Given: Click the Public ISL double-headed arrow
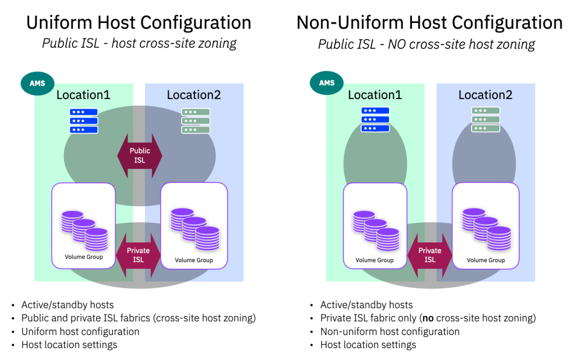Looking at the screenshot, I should coord(139,156).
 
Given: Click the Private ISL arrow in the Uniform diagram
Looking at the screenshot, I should coord(138,255).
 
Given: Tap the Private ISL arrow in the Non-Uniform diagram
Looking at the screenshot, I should coord(430,255).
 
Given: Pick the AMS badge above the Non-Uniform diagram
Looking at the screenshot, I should coord(327,83).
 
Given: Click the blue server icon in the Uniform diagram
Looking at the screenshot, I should coord(84,121).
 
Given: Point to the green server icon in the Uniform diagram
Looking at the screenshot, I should coord(195,121).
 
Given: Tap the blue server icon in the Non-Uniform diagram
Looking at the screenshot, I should coord(375,120).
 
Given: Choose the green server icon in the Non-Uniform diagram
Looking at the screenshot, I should coord(486,120).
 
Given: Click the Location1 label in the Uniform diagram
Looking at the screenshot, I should coord(83,95).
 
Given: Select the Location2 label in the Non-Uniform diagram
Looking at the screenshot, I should coord(486,95).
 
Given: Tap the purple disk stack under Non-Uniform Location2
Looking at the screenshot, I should coord(486,229).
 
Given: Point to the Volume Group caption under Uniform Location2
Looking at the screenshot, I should coord(194,260).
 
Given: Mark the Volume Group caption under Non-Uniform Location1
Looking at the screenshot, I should coord(375,260).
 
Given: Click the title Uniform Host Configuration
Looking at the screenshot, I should coord(139,22).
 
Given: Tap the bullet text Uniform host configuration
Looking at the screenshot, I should coord(80,332).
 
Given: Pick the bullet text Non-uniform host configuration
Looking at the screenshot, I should coord(390,332).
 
